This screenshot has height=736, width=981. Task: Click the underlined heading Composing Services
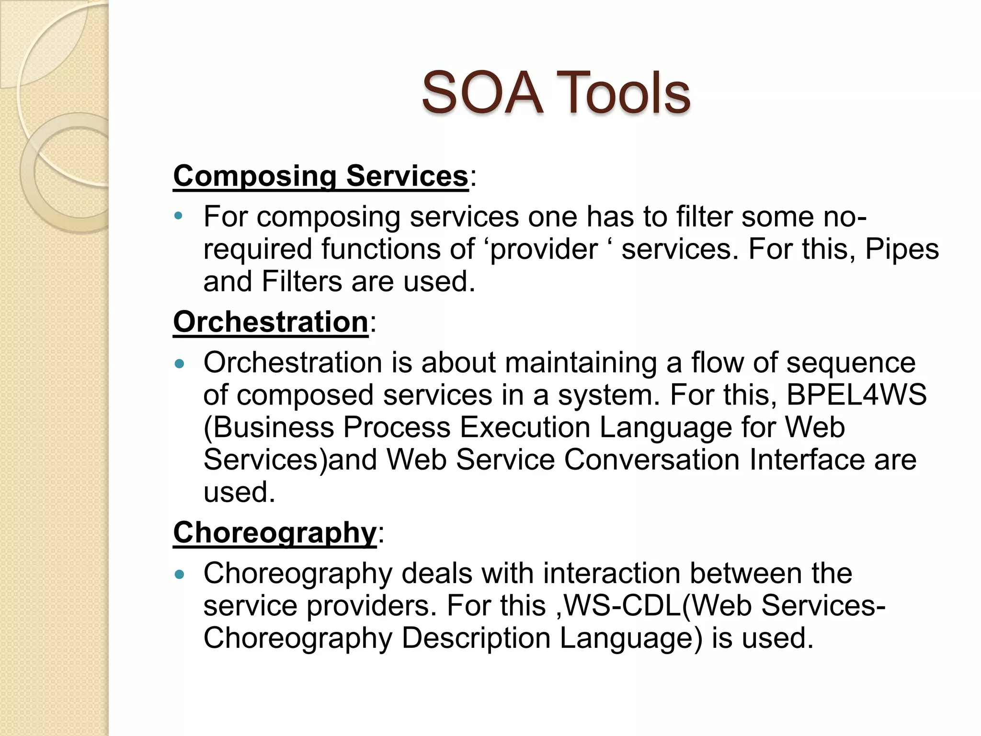point(320,176)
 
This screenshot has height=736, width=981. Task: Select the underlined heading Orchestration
point(271,322)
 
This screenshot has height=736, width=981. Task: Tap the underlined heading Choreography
point(275,532)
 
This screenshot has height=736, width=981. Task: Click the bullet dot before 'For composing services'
point(179,216)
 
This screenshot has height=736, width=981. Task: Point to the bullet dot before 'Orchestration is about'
point(180,364)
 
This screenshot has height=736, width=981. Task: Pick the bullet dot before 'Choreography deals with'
point(180,574)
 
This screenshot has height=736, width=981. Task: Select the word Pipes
point(901,249)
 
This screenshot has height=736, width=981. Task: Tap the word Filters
point(302,281)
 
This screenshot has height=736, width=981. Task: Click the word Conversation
point(651,460)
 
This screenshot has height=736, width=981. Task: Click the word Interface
point(807,460)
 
